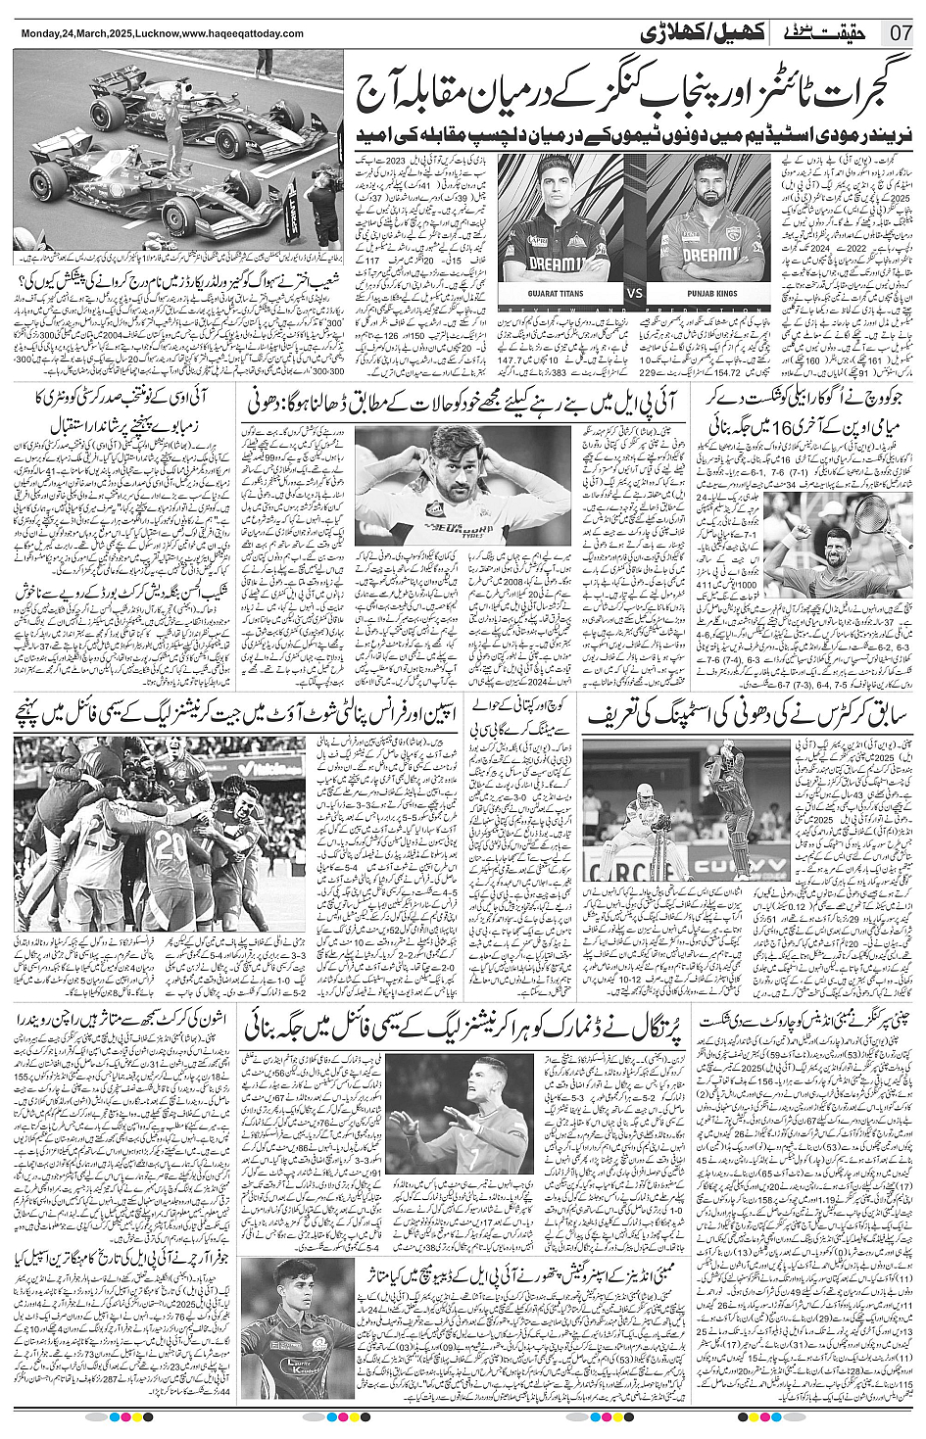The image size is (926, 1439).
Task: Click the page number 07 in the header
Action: (x=901, y=32)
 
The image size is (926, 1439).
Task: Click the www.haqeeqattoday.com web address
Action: (x=248, y=33)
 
